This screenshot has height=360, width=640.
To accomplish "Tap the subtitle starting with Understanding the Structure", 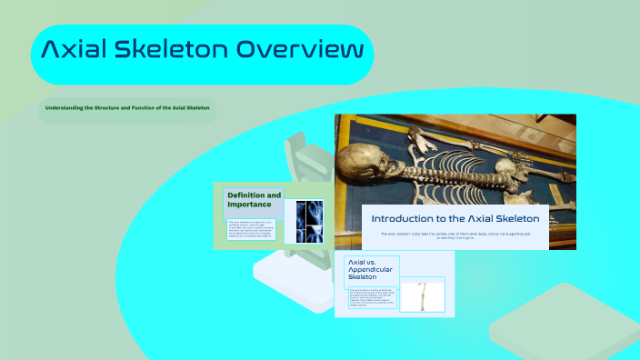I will [x=127, y=108].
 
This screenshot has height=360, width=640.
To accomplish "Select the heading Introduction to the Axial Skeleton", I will [x=455, y=218].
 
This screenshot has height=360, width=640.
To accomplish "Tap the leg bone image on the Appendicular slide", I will [x=425, y=296].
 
